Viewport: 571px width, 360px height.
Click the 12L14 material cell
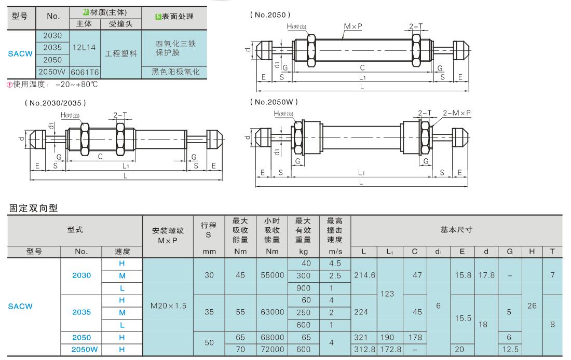pos(84,47)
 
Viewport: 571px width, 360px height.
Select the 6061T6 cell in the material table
pos(85,72)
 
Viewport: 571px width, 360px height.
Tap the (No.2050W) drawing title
pos(274,102)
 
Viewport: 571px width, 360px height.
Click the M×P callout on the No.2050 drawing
pos(353,26)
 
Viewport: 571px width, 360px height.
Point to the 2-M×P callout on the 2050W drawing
pos(457,113)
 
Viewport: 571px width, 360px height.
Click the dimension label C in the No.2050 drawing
pos(362,68)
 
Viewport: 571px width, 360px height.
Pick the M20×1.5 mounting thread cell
pos(168,306)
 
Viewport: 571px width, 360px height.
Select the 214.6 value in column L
pos(364,275)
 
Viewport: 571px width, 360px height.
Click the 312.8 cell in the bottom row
pos(364,350)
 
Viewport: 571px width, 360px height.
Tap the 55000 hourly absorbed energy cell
pos(273,275)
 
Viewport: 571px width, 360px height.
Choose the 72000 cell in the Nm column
pos(273,350)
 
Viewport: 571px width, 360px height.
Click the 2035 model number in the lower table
pos(81,312)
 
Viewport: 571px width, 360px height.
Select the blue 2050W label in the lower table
pos(85,350)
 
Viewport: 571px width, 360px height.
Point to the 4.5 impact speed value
pos(335,263)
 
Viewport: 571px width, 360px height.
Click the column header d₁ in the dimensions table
pos(439,252)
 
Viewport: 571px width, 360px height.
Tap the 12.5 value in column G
pos(510,350)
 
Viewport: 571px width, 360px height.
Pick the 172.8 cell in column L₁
pos(391,350)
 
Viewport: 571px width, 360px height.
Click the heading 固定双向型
pos(34,208)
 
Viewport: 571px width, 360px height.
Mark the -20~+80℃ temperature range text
pos(77,85)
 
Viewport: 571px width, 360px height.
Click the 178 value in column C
pos(415,337)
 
